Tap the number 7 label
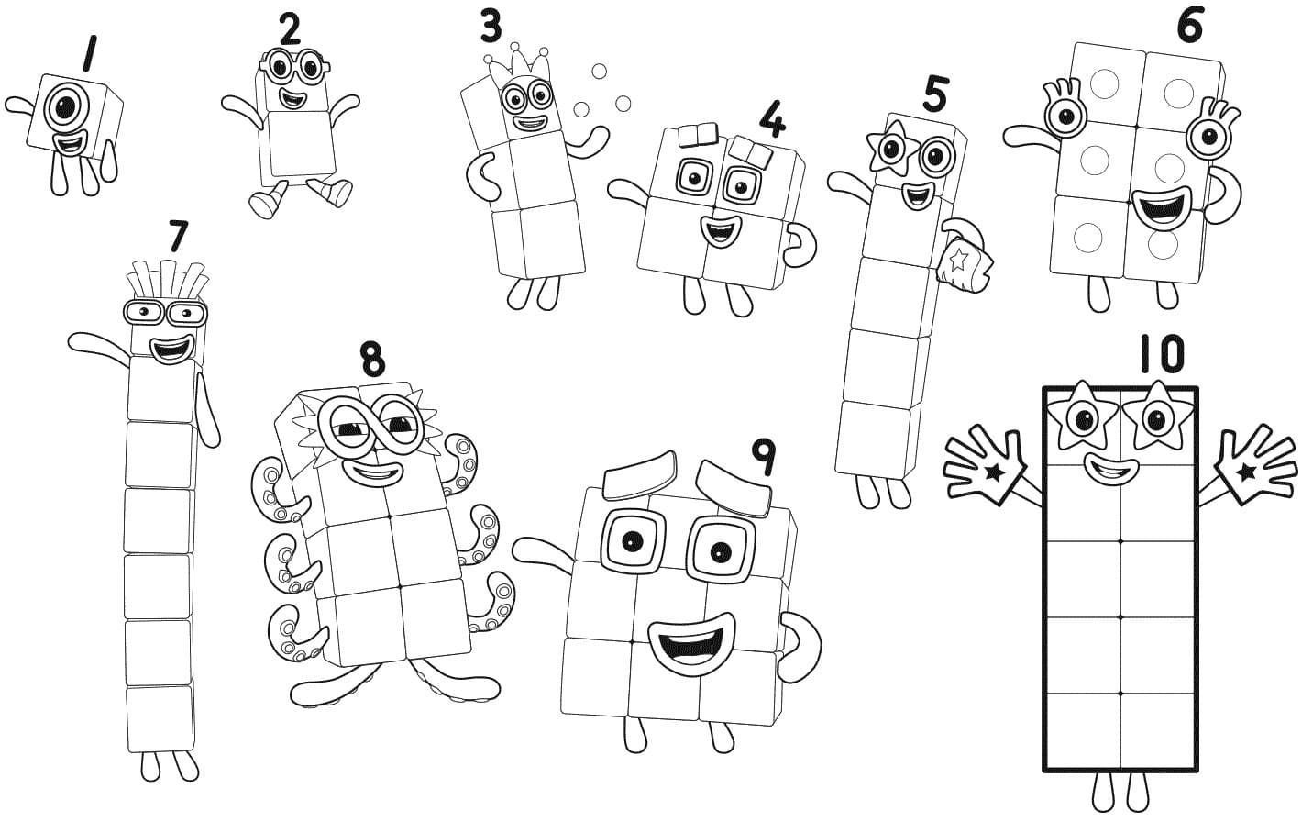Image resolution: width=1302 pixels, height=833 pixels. click(x=178, y=237)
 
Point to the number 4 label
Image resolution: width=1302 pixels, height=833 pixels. click(x=772, y=119)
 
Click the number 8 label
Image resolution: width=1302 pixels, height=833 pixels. click(x=371, y=360)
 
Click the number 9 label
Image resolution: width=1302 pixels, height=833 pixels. click(x=762, y=455)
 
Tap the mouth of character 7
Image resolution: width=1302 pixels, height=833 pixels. click(x=171, y=350)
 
